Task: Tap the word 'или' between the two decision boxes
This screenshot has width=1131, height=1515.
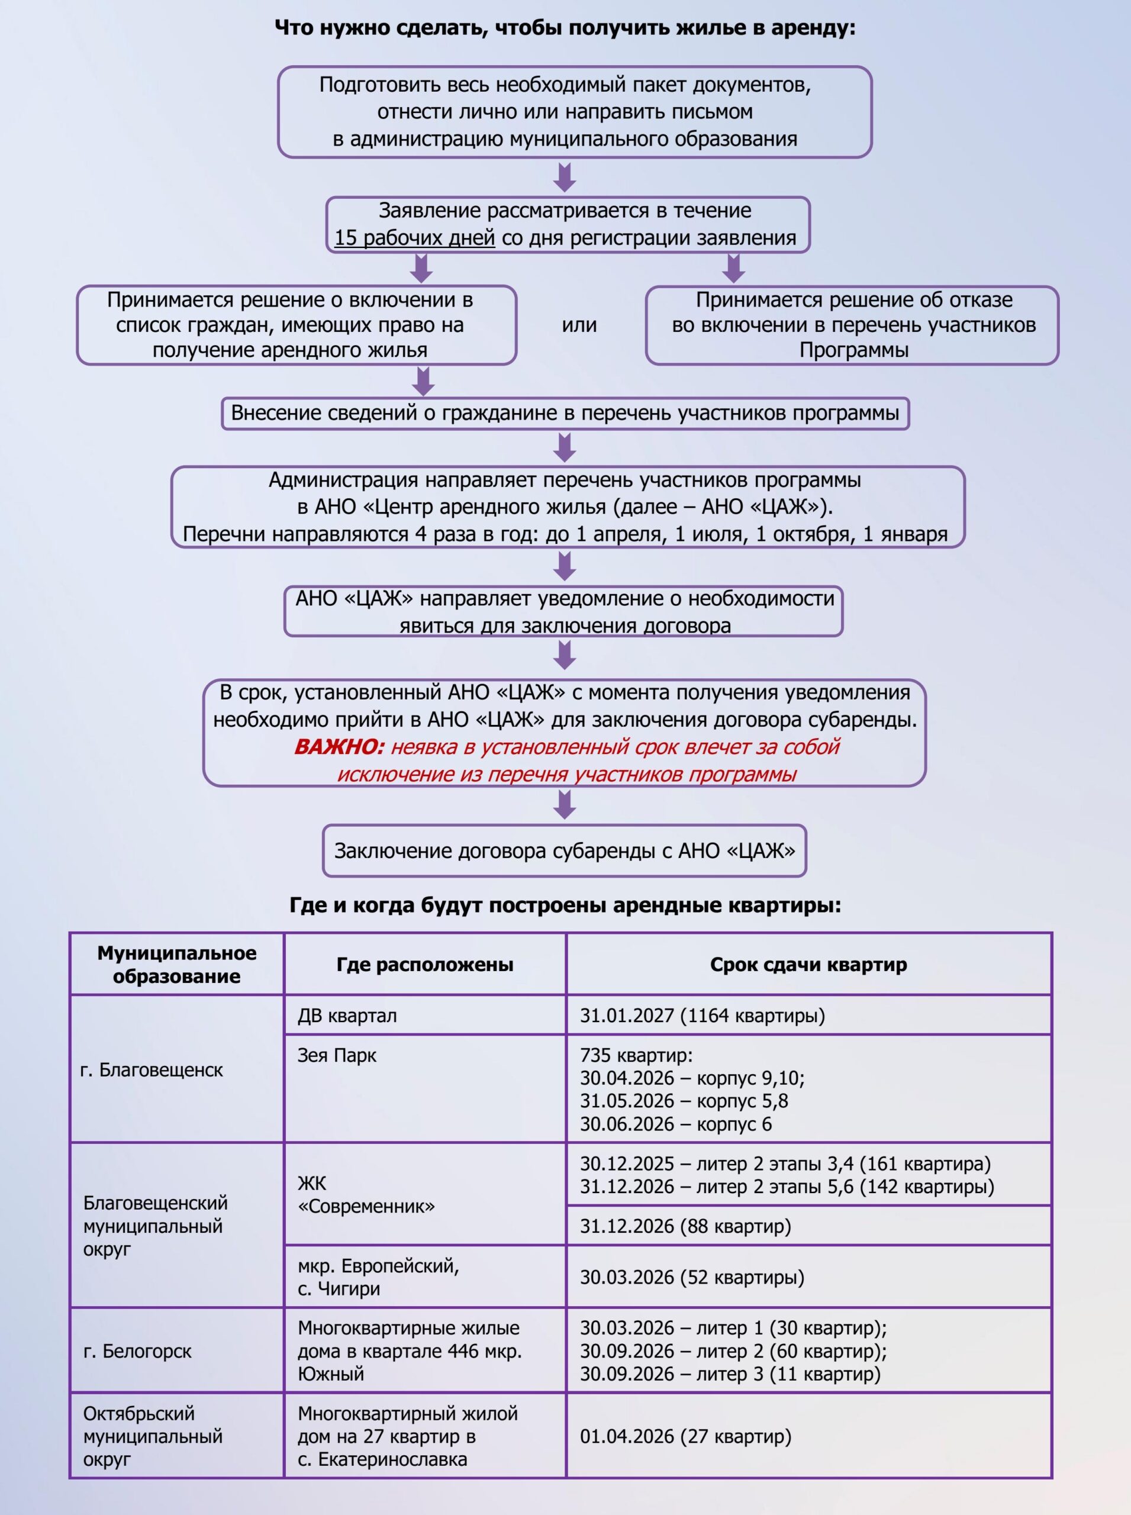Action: click(579, 324)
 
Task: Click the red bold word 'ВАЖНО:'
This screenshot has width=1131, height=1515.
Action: click(339, 746)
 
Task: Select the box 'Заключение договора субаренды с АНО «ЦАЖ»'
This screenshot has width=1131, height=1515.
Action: click(564, 850)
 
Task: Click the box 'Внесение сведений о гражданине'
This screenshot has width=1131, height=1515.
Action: click(565, 413)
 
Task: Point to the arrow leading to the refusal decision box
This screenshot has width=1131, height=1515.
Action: click(733, 268)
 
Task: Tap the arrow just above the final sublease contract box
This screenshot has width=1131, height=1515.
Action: click(565, 804)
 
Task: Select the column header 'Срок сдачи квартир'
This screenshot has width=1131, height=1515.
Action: click(808, 964)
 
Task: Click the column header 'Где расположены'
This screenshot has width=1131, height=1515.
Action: click(424, 964)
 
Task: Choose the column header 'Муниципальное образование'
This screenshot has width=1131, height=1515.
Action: click(176, 964)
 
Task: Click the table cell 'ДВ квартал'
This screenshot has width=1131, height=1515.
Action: click(347, 1016)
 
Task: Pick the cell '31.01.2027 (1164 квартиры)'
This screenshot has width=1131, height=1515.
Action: click(703, 1016)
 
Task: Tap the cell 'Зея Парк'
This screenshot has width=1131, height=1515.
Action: click(337, 1055)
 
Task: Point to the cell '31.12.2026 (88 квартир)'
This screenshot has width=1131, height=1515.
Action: click(685, 1226)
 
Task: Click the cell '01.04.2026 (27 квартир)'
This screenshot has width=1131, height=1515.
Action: click(685, 1436)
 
